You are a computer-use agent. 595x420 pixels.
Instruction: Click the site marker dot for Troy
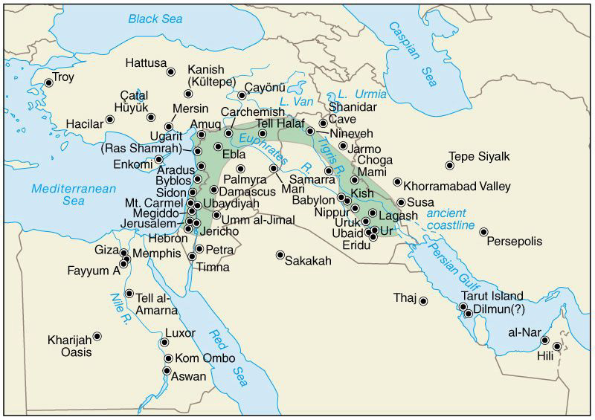pos(49,83)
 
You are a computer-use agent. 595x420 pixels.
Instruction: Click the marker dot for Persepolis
pos(484,232)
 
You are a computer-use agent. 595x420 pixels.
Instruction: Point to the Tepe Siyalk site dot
pos(450,166)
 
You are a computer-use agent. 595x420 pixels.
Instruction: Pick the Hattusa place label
pos(147,63)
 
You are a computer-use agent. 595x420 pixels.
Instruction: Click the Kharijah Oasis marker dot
pos(97,337)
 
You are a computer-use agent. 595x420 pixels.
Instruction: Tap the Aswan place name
pos(189,377)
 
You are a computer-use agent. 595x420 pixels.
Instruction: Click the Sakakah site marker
pos(280,255)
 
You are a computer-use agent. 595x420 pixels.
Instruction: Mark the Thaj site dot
pos(423,301)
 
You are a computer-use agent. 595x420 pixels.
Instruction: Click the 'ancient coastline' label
pos(451,219)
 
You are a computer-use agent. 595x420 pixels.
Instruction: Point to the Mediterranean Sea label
pos(68,194)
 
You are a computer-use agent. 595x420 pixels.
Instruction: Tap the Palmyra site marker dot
pos(240,169)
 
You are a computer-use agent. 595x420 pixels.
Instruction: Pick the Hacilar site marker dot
pos(110,119)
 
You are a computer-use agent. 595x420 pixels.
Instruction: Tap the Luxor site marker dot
pos(164,343)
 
